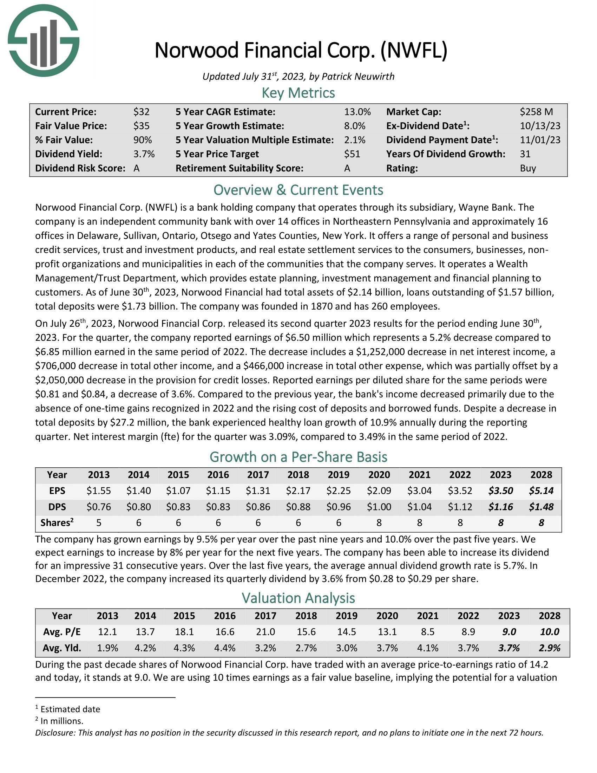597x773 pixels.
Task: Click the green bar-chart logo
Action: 44,40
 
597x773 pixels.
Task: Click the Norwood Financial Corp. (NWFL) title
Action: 301,50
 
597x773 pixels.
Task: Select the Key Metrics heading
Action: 298,93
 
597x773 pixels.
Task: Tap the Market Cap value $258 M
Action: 536,112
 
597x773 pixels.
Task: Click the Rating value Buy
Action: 528,168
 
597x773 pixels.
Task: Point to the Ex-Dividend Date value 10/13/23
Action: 540,126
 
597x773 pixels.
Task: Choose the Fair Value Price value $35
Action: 142,126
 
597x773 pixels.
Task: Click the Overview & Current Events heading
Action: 298,190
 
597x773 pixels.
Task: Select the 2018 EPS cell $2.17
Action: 298,491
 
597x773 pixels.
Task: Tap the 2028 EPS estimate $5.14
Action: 541,491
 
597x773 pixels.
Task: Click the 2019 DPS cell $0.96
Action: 339,507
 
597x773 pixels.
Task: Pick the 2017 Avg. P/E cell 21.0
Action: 265,632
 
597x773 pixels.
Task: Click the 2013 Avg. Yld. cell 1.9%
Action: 107,648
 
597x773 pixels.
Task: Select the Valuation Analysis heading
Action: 298,598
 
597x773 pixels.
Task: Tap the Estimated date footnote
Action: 70,709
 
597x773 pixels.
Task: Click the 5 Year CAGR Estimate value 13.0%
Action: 357,112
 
